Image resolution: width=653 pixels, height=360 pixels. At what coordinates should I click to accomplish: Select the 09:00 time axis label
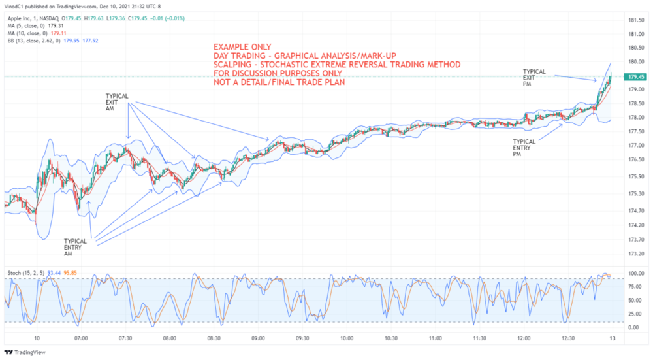258,338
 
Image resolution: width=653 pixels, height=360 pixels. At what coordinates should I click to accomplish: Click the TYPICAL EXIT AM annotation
117,103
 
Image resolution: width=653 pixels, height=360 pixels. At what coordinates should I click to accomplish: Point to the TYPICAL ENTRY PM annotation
524,148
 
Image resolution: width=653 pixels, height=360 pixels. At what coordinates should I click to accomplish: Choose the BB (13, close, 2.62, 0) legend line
36,41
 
